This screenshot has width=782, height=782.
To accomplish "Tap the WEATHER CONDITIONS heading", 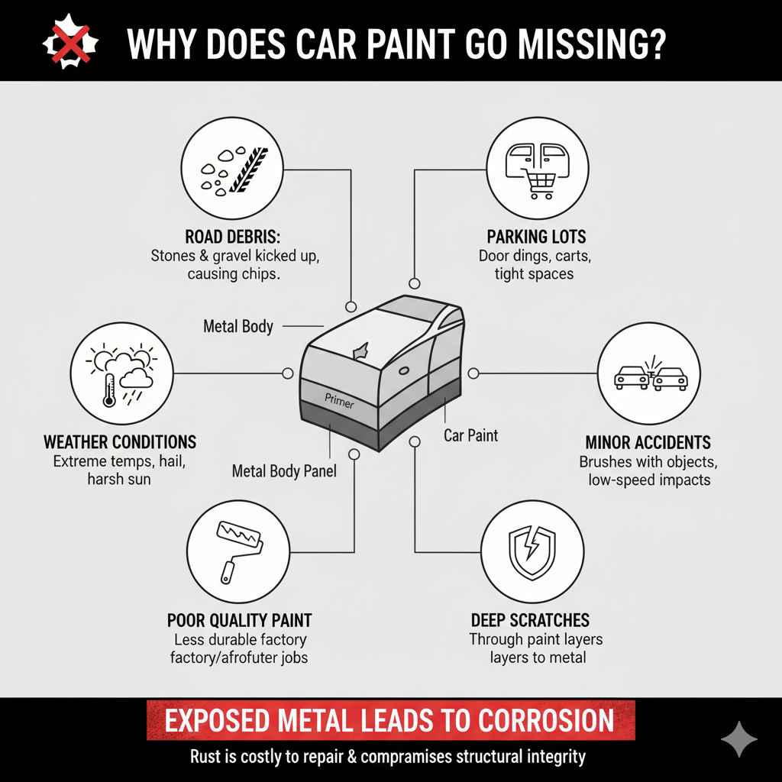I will point(120,442).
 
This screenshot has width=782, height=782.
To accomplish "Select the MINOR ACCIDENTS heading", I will point(648,442).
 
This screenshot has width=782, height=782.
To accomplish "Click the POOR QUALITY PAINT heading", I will point(239,619).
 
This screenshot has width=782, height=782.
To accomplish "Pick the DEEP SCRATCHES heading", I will point(530,619).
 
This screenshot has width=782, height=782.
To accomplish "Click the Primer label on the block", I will point(339,400).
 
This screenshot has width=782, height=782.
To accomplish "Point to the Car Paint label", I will point(470,435).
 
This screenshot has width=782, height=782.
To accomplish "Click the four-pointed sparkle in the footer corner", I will point(739,738).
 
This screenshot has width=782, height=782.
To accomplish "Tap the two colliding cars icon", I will point(649,374).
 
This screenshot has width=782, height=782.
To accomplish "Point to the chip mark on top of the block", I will point(358,349).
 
